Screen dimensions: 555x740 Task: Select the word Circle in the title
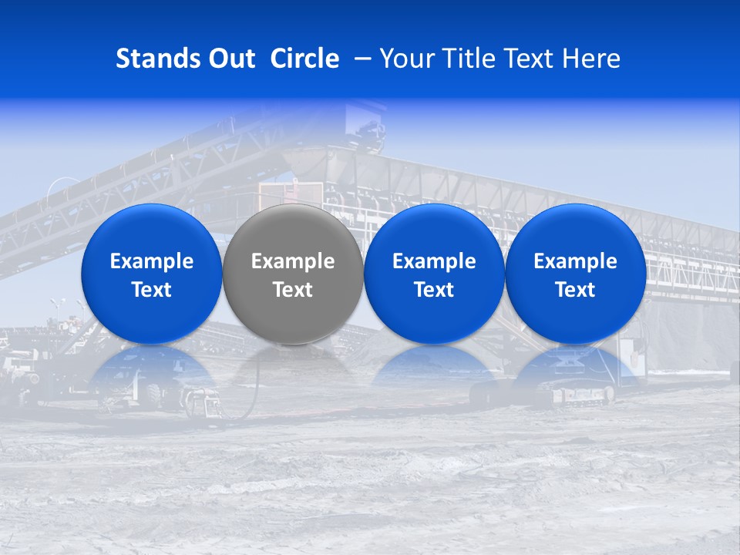[x=304, y=59]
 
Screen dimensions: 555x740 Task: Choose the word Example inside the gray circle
[x=293, y=261]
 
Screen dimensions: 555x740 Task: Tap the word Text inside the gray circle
[x=293, y=290]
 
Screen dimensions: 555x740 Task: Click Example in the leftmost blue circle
[x=152, y=261]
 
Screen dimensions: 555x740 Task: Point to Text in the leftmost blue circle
[x=152, y=290]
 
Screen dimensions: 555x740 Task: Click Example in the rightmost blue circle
[x=576, y=261]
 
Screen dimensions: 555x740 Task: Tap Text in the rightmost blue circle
[x=576, y=290]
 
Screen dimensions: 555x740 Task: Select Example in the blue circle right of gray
[x=434, y=261]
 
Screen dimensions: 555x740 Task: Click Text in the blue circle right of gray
[x=434, y=290]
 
